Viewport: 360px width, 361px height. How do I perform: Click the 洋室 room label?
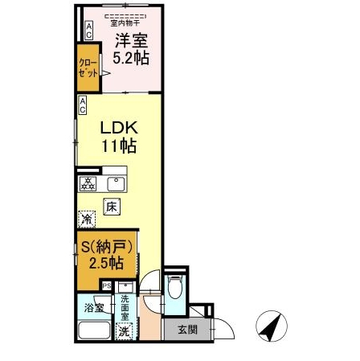(129, 41)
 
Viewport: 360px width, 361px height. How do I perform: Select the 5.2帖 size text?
(129, 59)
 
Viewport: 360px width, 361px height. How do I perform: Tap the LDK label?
(119, 127)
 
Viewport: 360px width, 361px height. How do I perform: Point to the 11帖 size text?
(119, 146)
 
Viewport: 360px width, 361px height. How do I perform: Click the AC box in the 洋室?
(89, 30)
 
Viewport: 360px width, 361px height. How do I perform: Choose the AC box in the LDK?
(83, 104)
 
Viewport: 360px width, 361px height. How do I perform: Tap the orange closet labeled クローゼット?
(87, 68)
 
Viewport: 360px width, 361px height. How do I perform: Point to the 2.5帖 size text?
(105, 263)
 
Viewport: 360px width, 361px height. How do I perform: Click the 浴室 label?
(94, 306)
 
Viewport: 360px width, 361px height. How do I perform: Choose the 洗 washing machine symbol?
(125, 330)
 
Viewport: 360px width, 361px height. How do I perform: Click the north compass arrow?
(272, 326)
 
